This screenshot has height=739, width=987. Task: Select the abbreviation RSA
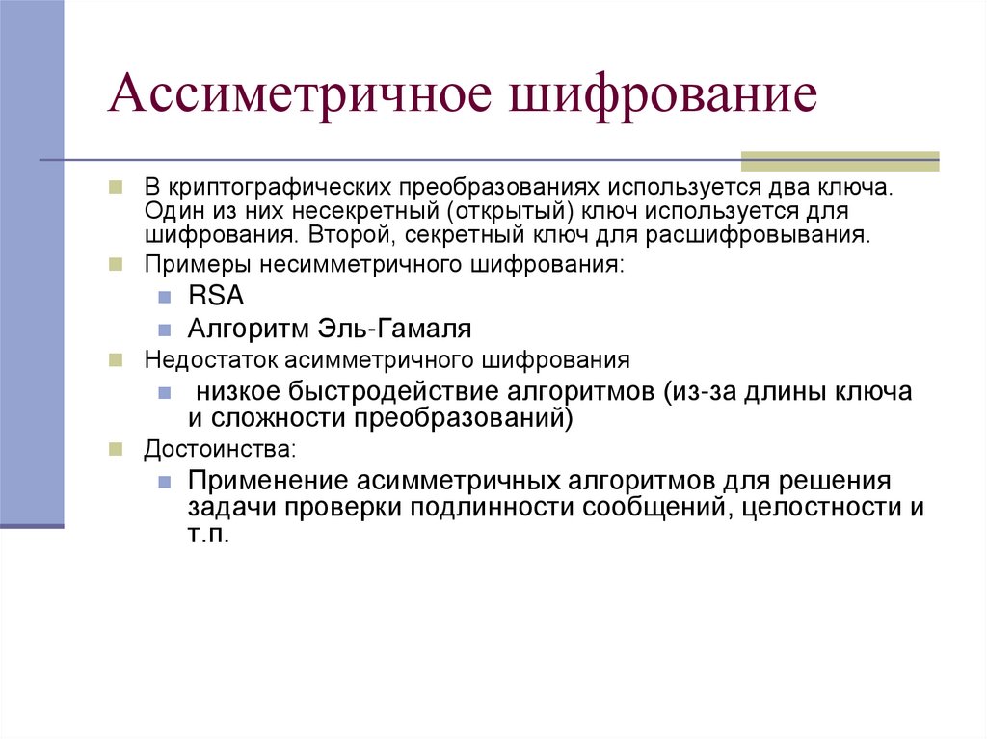217,297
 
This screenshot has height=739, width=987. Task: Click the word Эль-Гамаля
395,329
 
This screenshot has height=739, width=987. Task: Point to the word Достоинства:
221,449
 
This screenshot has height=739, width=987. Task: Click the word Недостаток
200,360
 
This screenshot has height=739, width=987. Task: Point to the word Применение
268,480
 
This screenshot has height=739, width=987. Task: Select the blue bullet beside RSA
165,298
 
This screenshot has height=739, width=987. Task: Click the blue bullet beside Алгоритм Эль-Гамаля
165,330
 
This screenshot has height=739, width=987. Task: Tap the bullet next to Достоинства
115,449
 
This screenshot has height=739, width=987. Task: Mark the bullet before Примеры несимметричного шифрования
115,264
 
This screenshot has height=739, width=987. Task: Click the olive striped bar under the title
839,161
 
